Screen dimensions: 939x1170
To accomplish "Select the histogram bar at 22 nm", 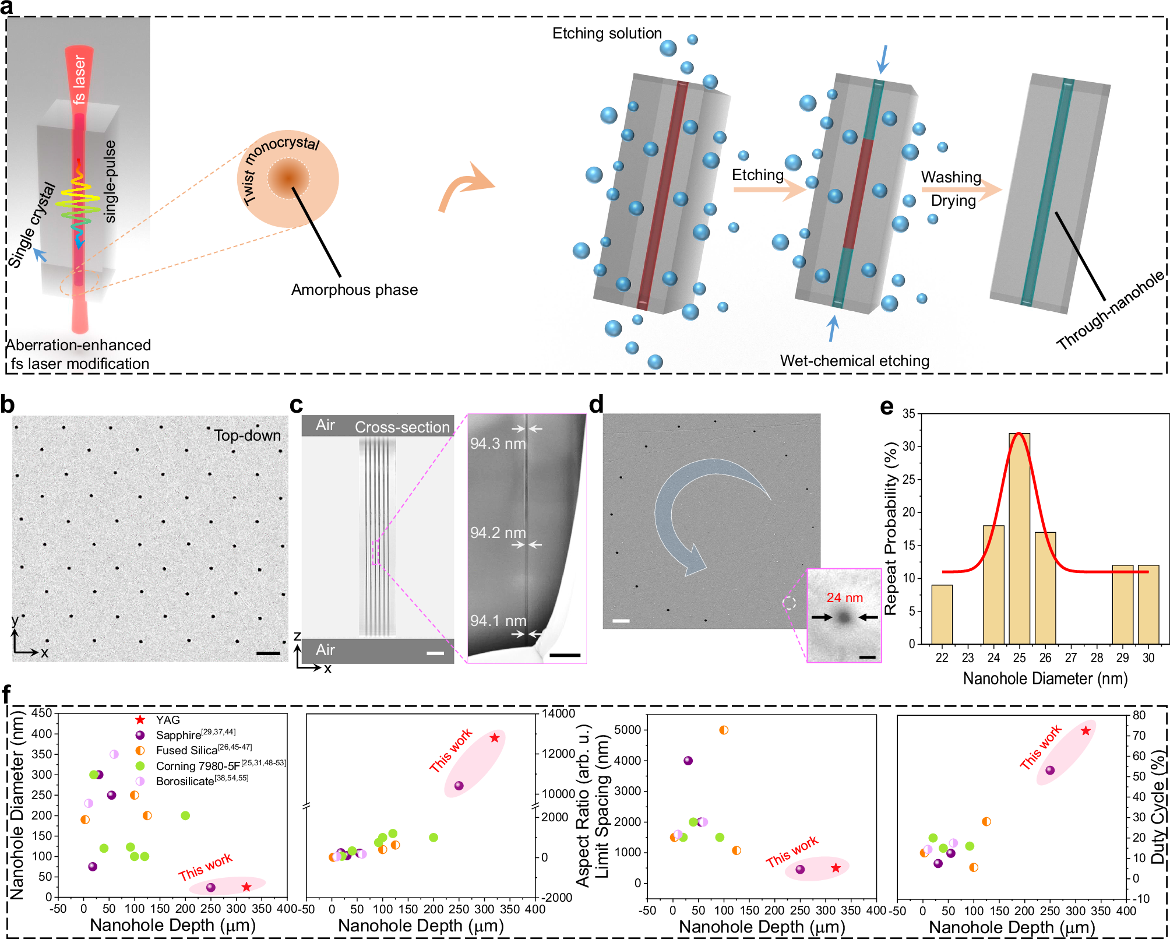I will [942, 614].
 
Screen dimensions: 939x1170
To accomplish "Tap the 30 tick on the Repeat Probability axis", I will [908, 446].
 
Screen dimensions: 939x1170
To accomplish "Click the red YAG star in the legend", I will [140, 720].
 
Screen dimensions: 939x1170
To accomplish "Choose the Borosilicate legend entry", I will [185, 781].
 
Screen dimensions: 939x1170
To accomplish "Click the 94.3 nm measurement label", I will [498, 444].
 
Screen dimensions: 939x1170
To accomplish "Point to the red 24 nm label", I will [844, 597].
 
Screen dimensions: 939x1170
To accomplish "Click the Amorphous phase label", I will [354, 290].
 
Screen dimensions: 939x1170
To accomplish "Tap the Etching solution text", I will [607, 33].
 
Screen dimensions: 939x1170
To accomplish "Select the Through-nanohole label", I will [1110, 312].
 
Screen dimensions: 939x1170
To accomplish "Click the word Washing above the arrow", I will [951, 177].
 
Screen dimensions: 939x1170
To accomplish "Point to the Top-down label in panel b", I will [247, 435].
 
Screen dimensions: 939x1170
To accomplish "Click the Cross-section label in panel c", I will [402, 427].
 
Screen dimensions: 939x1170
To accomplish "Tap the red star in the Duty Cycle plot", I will [1086, 731].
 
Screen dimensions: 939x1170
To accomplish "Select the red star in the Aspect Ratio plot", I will [495, 738].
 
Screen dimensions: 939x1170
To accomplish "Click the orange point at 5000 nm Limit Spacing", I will [724, 730].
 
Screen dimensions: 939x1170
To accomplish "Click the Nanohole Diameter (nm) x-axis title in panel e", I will [1045, 678].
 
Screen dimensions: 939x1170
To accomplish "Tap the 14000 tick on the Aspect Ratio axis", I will [558, 713].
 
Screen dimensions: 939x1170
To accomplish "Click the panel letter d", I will [596, 404].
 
